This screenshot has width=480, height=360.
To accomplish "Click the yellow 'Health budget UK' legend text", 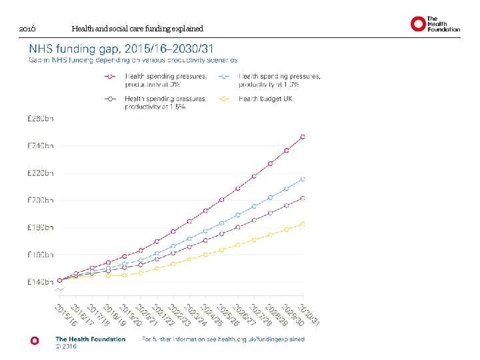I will pyautogui.click(x=265, y=99).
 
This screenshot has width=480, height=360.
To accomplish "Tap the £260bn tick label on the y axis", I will pyautogui.click(x=41, y=119).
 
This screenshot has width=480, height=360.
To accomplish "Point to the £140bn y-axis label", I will pyautogui.click(x=41, y=282).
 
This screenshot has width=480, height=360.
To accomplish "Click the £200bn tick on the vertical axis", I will pyautogui.click(x=41, y=200).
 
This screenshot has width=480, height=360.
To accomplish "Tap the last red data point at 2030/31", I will pyautogui.click(x=303, y=137).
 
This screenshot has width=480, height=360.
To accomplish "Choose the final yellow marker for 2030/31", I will pyautogui.click(x=303, y=224).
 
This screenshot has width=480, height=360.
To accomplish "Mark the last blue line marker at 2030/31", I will pyautogui.click(x=303, y=179).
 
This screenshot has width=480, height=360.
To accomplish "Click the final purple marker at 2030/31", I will pyautogui.click(x=303, y=198).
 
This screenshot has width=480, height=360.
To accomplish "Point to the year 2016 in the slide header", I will pyautogui.click(x=27, y=29).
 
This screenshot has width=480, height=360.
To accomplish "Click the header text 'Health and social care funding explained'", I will pyautogui.click(x=137, y=29).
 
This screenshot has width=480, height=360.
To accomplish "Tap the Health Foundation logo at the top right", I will pyautogui.click(x=435, y=24).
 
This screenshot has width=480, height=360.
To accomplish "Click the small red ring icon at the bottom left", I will pyautogui.click(x=35, y=340).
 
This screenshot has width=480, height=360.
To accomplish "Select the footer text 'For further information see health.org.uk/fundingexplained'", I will pyautogui.click(x=223, y=339).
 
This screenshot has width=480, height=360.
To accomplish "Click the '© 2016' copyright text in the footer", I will pyautogui.click(x=67, y=347).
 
